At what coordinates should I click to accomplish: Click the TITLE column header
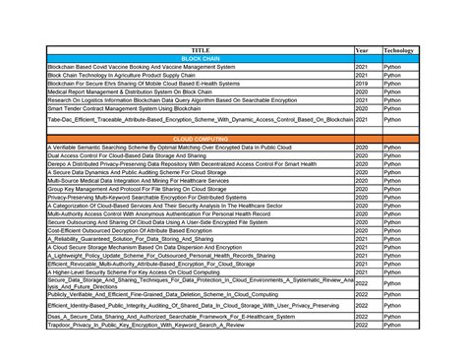(201, 49)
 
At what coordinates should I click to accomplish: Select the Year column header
(362, 49)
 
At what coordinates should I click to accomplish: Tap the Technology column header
(398, 49)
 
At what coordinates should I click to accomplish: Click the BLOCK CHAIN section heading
(201, 58)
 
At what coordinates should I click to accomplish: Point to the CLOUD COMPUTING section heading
(201, 139)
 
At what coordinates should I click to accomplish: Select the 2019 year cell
(362, 82)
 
